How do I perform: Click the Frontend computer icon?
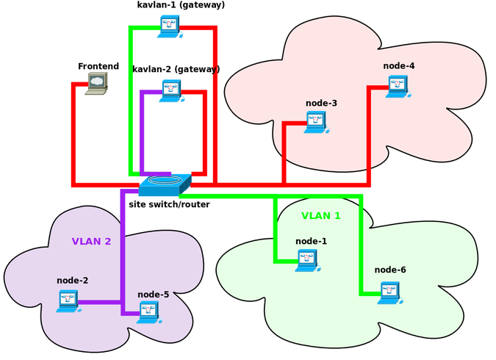tap(96, 84)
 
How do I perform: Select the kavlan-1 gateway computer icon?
tap(170, 26)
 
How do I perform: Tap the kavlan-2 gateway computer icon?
tap(171, 90)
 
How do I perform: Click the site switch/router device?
tap(165, 184)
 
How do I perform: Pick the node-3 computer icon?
tap(317, 121)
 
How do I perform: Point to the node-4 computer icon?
tap(398, 85)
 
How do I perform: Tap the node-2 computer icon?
tap(68, 300)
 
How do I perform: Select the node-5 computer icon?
tap(149, 312)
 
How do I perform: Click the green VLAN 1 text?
tap(321, 216)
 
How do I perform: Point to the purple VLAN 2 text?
tap(91, 241)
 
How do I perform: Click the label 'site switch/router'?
tap(169, 204)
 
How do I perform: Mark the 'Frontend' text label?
tap(98, 67)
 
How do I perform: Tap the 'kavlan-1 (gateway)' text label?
tap(181, 5)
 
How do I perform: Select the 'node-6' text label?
tap(390, 270)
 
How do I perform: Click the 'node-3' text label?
tap(321, 103)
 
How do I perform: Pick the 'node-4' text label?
tap(399, 66)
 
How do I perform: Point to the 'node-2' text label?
tap(72, 281)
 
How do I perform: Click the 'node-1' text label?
tap(311, 241)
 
